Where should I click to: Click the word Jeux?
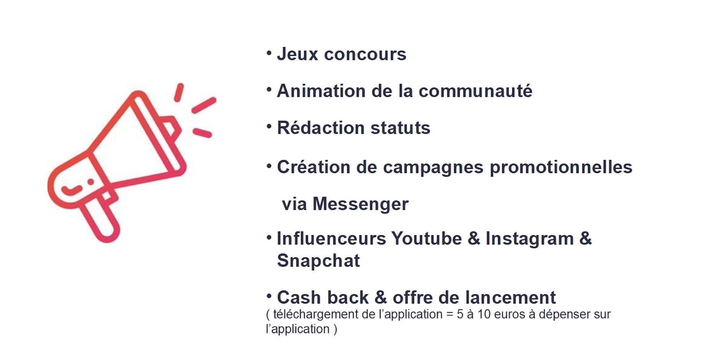[298, 54]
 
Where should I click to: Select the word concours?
[365, 54]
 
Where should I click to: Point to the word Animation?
[321, 91]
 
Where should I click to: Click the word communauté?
[475, 91]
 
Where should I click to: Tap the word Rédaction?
[321, 128]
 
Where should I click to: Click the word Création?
[314, 167]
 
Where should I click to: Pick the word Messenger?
[361, 204]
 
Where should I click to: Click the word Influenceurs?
[331, 238]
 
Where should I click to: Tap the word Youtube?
[427, 238]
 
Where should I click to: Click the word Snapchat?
[318, 261]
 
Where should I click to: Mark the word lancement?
[511, 297]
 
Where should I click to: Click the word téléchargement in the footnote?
[318, 314]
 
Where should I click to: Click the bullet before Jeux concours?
[269, 53]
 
